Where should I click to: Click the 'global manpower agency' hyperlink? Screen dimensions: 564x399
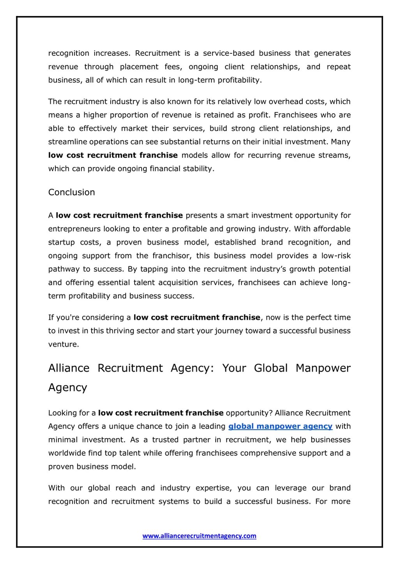pyautogui.click(x=280, y=426)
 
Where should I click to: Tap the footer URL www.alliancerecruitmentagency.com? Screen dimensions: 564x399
pyautogui.click(x=199, y=536)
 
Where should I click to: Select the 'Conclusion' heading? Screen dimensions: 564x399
pyautogui.click(x=72, y=192)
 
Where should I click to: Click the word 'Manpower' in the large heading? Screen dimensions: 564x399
pyautogui.click(x=323, y=368)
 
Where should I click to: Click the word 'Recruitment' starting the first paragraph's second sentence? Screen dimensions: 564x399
pyautogui.click(x=158, y=53)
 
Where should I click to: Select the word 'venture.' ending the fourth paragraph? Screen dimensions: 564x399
pyautogui.click(x=64, y=344)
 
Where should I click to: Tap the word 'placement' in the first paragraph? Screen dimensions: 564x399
pyautogui.click(x=139, y=67)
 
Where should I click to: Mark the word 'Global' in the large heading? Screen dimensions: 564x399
pyautogui.click(x=271, y=368)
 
